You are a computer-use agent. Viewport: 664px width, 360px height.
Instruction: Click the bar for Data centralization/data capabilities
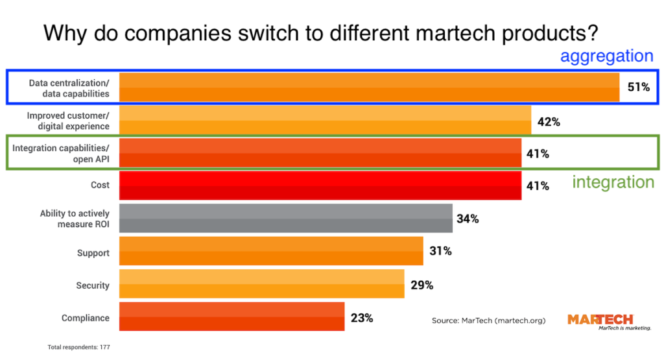coord(370,87)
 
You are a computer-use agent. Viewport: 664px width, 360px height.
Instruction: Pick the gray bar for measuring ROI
coord(286,219)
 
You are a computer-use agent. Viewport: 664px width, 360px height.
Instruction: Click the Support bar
coord(272,252)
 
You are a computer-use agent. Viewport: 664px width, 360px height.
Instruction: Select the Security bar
coord(262,285)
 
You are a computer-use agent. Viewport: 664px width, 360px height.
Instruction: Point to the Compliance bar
coord(232,318)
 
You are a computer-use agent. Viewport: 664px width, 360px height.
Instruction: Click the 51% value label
coord(638,87)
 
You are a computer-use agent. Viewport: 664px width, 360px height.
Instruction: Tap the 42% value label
coord(548,121)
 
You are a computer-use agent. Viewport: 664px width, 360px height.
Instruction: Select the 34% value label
coord(468,219)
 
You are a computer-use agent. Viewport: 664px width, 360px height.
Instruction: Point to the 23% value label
coord(362,318)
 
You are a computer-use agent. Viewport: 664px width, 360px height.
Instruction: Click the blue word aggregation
coord(606,56)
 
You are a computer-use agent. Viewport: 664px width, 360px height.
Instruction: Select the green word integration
coord(613,182)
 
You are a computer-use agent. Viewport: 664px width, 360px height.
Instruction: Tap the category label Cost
coord(100,186)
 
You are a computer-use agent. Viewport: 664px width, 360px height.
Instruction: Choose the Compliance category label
coord(86,318)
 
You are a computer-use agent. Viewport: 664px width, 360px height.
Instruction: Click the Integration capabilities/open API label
coord(61,153)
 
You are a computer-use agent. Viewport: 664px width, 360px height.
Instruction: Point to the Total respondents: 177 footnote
coord(80,348)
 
